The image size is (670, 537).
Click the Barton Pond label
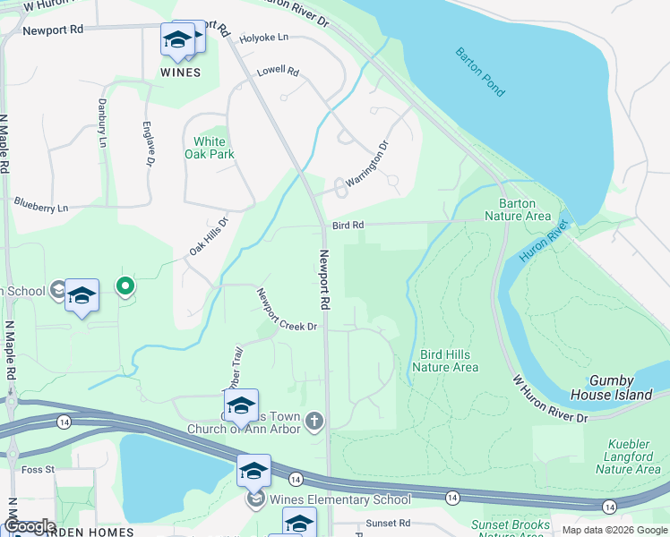tap(480, 72)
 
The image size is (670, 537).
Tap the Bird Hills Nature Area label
tap(445, 361)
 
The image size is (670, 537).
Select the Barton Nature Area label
tap(517, 209)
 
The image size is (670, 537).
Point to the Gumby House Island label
tap(621, 388)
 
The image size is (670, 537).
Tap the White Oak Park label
tap(210, 148)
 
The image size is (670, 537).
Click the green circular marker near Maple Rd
tap(126, 287)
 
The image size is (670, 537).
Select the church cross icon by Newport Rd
tap(314, 421)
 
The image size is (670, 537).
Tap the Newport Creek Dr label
tap(288, 310)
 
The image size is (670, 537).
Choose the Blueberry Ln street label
tap(41, 205)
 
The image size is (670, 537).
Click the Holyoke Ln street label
tap(264, 38)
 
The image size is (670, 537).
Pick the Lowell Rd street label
tap(278, 72)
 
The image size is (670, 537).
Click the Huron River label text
tap(545, 241)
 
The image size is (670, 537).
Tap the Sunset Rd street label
tap(388, 523)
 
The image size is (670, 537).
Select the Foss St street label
tap(38, 469)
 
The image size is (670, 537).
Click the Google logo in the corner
tap(30, 526)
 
